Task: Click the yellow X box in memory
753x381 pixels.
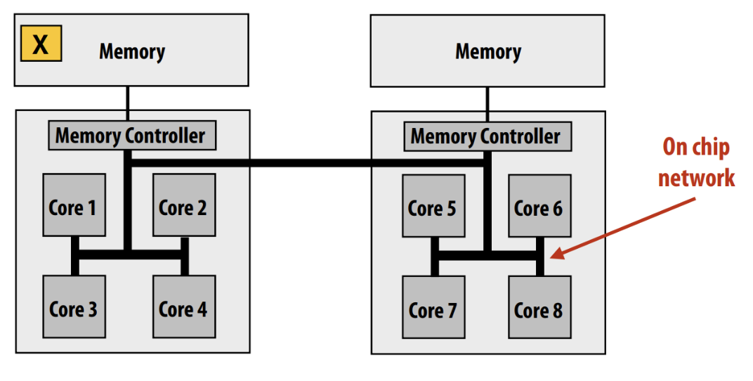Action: [x=41, y=44]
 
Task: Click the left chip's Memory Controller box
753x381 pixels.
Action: [x=131, y=136]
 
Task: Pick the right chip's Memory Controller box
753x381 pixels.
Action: [x=487, y=136]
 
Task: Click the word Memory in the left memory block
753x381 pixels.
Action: [x=132, y=51]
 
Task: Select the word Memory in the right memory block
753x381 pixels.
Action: [x=488, y=51]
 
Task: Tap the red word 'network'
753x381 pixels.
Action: [x=695, y=177]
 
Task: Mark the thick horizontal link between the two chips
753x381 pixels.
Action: [x=309, y=162]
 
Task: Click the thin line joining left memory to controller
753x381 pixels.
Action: [x=127, y=103]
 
